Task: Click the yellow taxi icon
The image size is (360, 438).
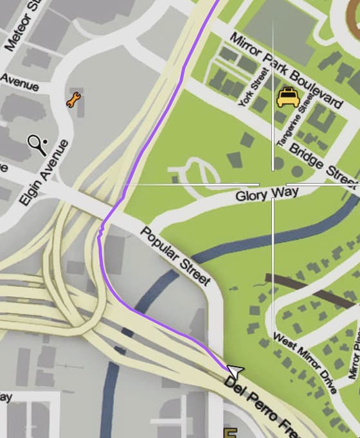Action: (x=287, y=97)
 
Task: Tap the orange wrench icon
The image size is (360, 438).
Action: (x=74, y=100)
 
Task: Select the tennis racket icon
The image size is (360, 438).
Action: (x=37, y=145)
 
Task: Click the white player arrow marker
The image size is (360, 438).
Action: (x=235, y=371)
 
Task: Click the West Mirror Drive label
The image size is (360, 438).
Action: (x=305, y=363)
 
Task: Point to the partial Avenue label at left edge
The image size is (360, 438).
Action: (x=19, y=82)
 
